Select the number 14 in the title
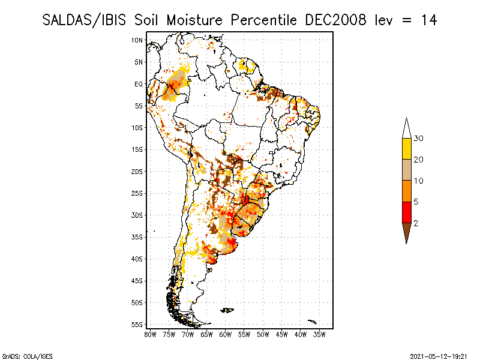[x=428, y=20]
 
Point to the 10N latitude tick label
[x=137, y=40]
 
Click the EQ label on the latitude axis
[x=139, y=84]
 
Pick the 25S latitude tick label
[x=137, y=193]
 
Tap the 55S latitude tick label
[x=137, y=325]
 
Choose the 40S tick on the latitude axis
[x=137, y=259]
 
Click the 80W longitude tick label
[x=150, y=334]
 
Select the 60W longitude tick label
[x=226, y=334]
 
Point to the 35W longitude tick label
[x=320, y=334]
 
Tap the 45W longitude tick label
[x=282, y=334]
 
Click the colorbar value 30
[x=419, y=139]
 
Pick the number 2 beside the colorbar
[x=416, y=223]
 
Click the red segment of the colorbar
[x=406, y=212]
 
